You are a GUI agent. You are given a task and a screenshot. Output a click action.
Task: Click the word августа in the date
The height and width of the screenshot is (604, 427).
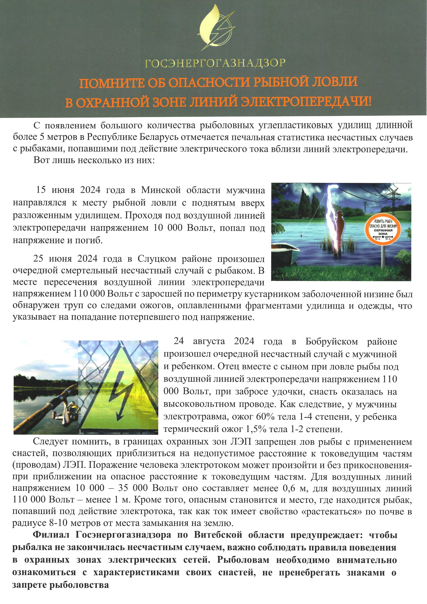coord(209,342)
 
